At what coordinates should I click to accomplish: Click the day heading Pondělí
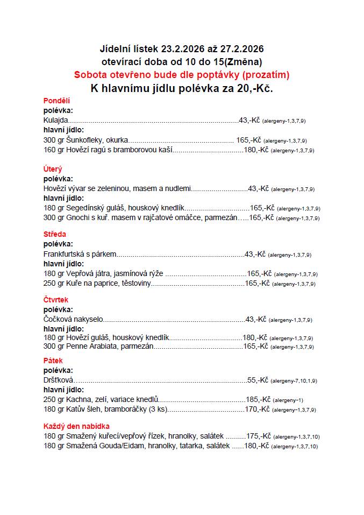click(x=56, y=101)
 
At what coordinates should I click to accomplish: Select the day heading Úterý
click(x=53, y=169)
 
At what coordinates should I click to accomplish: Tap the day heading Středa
click(x=55, y=234)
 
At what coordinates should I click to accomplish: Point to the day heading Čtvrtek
click(x=56, y=300)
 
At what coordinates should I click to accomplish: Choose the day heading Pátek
click(x=53, y=361)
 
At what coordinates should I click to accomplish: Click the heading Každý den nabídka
click(x=76, y=426)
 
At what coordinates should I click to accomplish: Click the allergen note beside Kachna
click(x=288, y=400)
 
